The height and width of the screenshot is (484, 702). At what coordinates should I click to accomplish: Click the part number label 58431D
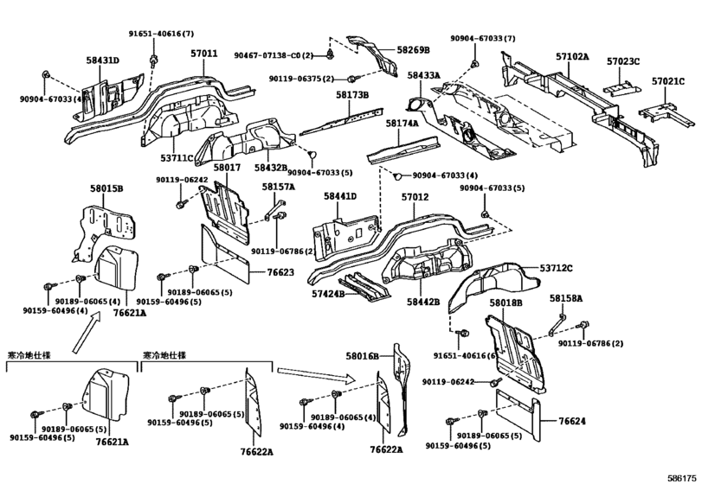click(x=103, y=60)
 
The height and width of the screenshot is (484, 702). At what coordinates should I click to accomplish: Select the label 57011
click(x=204, y=53)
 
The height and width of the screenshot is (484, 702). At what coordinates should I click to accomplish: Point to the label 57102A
click(x=571, y=56)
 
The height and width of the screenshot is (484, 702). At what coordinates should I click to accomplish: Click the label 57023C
click(x=622, y=61)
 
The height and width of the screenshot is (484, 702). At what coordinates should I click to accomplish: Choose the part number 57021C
click(x=668, y=81)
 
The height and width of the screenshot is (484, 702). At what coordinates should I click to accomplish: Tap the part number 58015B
click(x=106, y=188)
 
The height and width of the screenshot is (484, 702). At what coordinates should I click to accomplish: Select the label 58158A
click(x=566, y=298)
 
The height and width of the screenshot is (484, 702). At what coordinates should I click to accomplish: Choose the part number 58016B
click(x=364, y=355)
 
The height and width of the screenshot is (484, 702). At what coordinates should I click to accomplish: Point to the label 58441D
click(x=340, y=197)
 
